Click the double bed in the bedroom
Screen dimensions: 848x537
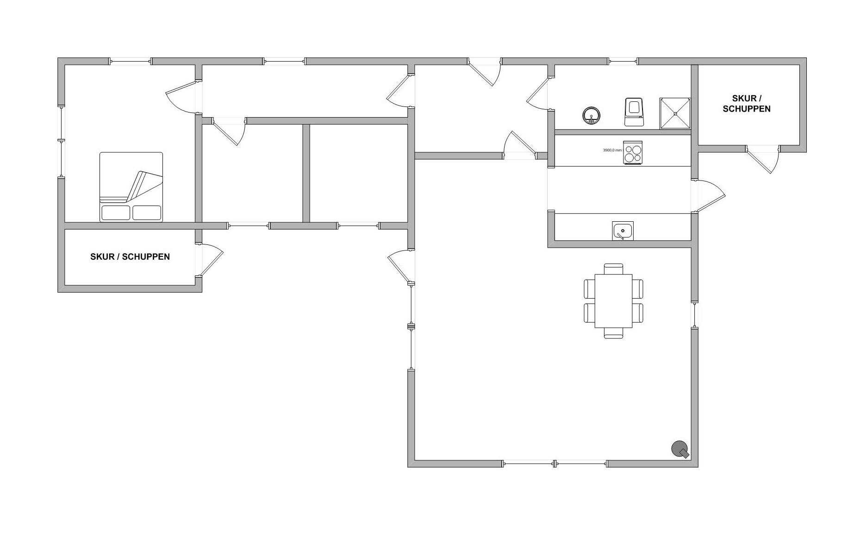[131, 187]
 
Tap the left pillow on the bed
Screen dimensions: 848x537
[116, 213]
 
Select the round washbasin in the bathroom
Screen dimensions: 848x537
[591, 115]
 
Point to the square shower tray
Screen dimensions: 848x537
[675, 113]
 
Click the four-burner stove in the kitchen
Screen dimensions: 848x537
[633, 153]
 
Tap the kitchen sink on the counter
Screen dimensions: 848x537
[623, 231]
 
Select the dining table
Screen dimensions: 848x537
[613, 301]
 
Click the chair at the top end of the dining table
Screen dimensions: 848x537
[613, 268]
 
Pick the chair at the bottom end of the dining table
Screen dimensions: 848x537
[613, 333]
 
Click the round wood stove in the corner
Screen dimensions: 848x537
[680, 449]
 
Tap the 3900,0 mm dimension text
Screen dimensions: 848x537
[612, 150]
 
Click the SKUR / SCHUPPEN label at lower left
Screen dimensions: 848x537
[130, 256]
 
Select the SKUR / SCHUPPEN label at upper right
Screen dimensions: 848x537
[747, 104]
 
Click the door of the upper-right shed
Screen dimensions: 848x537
[763, 160]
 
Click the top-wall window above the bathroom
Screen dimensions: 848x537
[623, 61]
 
